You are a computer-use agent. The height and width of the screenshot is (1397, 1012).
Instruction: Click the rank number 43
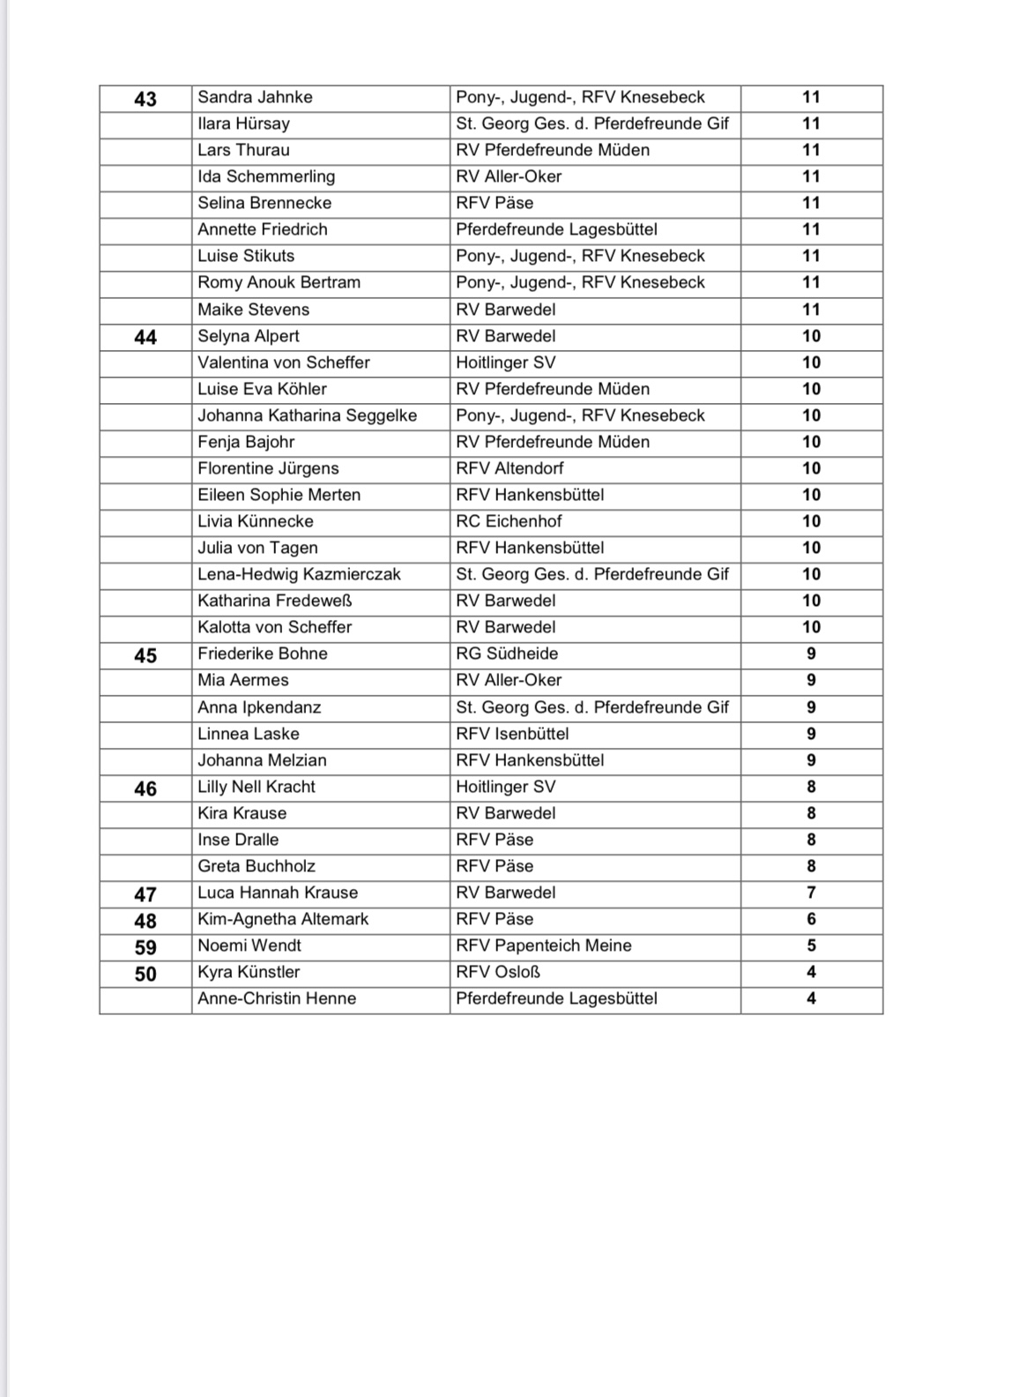145,99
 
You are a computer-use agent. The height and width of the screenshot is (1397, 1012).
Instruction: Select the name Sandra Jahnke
255,97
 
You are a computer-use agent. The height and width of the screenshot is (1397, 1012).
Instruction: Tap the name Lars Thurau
243,150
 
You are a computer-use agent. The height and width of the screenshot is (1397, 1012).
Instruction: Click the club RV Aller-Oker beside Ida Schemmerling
509,176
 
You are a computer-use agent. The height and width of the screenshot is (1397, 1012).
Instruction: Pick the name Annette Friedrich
263,229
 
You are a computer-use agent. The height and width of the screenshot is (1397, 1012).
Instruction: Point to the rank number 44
145,337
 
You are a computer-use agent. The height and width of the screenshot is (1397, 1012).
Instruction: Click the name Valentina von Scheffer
284,362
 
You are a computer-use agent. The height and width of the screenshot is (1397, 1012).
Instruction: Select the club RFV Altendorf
510,468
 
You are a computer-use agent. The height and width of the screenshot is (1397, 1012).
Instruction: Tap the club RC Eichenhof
509,521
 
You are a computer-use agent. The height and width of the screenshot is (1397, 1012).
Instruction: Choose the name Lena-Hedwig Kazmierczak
299,574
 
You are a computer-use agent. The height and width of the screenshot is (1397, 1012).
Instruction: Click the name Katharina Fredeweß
275,601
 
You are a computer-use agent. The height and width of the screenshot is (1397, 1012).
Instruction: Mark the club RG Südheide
507,654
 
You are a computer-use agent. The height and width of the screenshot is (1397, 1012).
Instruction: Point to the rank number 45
145,655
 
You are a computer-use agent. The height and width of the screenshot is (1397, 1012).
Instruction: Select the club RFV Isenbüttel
512,734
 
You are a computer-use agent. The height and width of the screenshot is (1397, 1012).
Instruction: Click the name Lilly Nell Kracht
257,787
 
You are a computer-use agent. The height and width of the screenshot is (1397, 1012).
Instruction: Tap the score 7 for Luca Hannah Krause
811,893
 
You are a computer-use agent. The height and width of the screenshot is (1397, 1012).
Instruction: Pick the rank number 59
145,947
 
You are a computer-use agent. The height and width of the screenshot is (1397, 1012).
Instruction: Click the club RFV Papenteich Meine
544,945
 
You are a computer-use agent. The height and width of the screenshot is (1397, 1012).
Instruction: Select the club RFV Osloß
498,972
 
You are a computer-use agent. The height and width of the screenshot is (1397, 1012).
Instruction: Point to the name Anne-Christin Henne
277,998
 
